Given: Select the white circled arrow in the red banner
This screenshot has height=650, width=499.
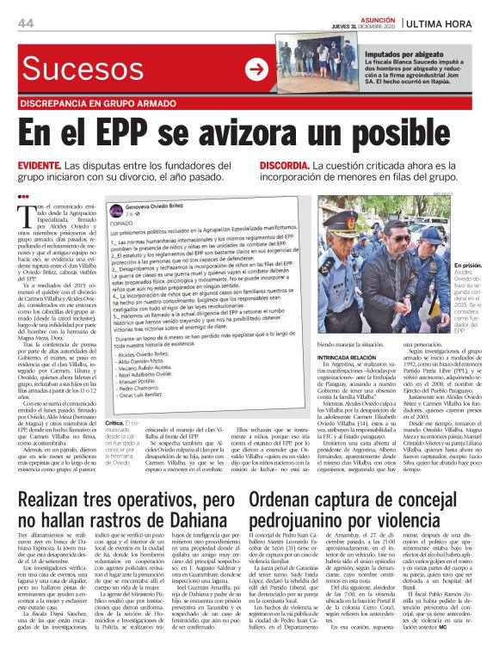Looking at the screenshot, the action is point(256,70).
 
